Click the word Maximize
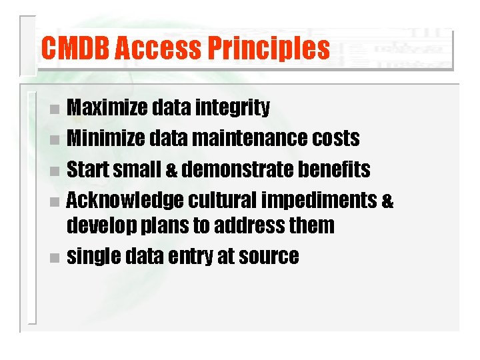(x=109, y=108)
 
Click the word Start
(x=88, y=169)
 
